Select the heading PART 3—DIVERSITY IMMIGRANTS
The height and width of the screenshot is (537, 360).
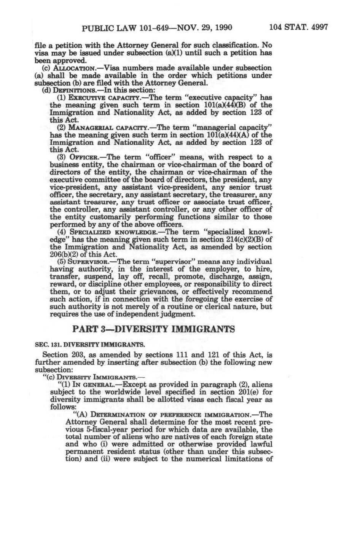[159, 329]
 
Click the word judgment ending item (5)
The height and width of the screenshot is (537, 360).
[179, 314]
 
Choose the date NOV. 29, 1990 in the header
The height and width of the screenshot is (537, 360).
[208, 28]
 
